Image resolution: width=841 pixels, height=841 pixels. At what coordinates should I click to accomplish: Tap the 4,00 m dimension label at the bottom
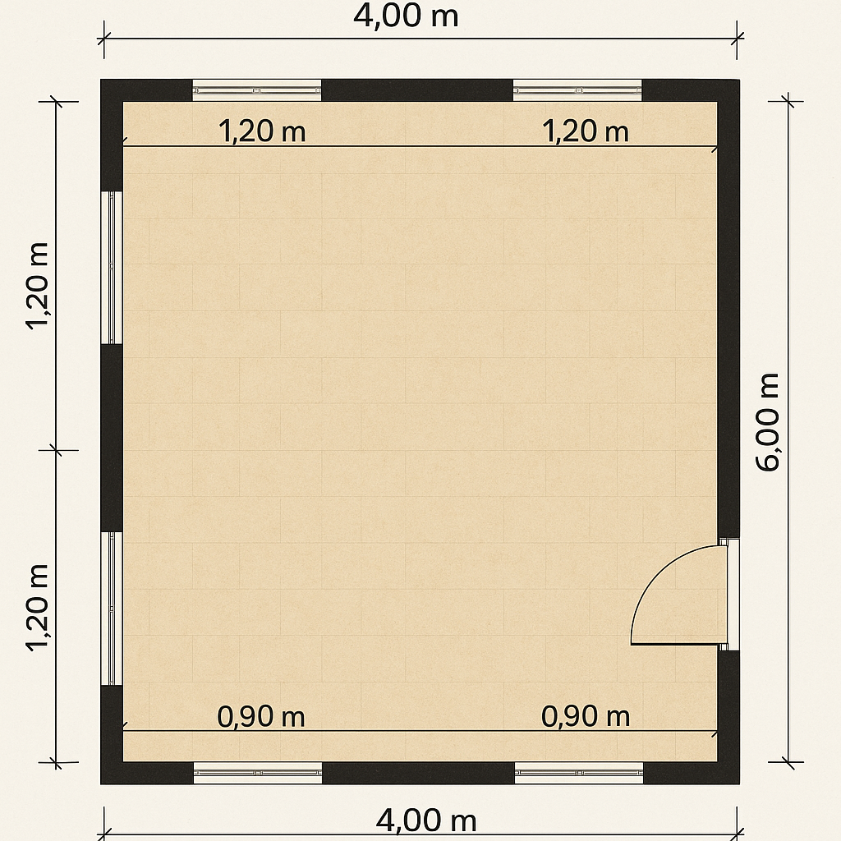(x=426, y=820)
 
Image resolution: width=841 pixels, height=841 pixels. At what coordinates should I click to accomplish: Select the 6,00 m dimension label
(x=767, y=422)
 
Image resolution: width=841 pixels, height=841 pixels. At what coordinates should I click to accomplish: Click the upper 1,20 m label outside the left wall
(x=38, y=285)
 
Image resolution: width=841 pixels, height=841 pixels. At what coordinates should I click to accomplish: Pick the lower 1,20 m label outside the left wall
(x=38, y=608)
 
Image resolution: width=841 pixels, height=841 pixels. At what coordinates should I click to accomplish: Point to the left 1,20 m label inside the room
(x=262, y=131)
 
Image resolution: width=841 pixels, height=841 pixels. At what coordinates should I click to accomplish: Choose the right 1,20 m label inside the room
(x=586, y=131)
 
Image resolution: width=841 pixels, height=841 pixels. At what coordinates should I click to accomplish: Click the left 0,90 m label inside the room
(x=261, y=716)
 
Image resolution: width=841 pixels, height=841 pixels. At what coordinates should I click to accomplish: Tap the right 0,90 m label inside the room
(x=586, y=716)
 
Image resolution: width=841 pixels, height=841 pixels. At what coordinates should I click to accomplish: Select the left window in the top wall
(x=257, y=90)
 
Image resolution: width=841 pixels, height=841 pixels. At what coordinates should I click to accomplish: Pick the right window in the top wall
(x=577, y=90)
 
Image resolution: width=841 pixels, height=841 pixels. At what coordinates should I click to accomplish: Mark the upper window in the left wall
(x=112, y=267)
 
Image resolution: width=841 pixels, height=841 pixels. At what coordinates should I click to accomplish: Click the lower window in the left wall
(x=112, y=609)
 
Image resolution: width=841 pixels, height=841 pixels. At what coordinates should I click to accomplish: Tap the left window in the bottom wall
(x=257, y=773)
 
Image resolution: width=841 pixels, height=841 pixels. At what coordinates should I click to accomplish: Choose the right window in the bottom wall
(x=579, y=773)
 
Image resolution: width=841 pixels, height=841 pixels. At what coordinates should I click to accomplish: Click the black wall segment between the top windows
(x=417, y=90)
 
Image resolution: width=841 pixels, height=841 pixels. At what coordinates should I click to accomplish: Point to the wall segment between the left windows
(x=112, y=438)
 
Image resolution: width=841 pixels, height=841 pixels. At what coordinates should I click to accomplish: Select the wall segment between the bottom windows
(x=418, y=773)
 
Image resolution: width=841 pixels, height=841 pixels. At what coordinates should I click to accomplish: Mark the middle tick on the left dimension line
(x=57, y=450)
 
